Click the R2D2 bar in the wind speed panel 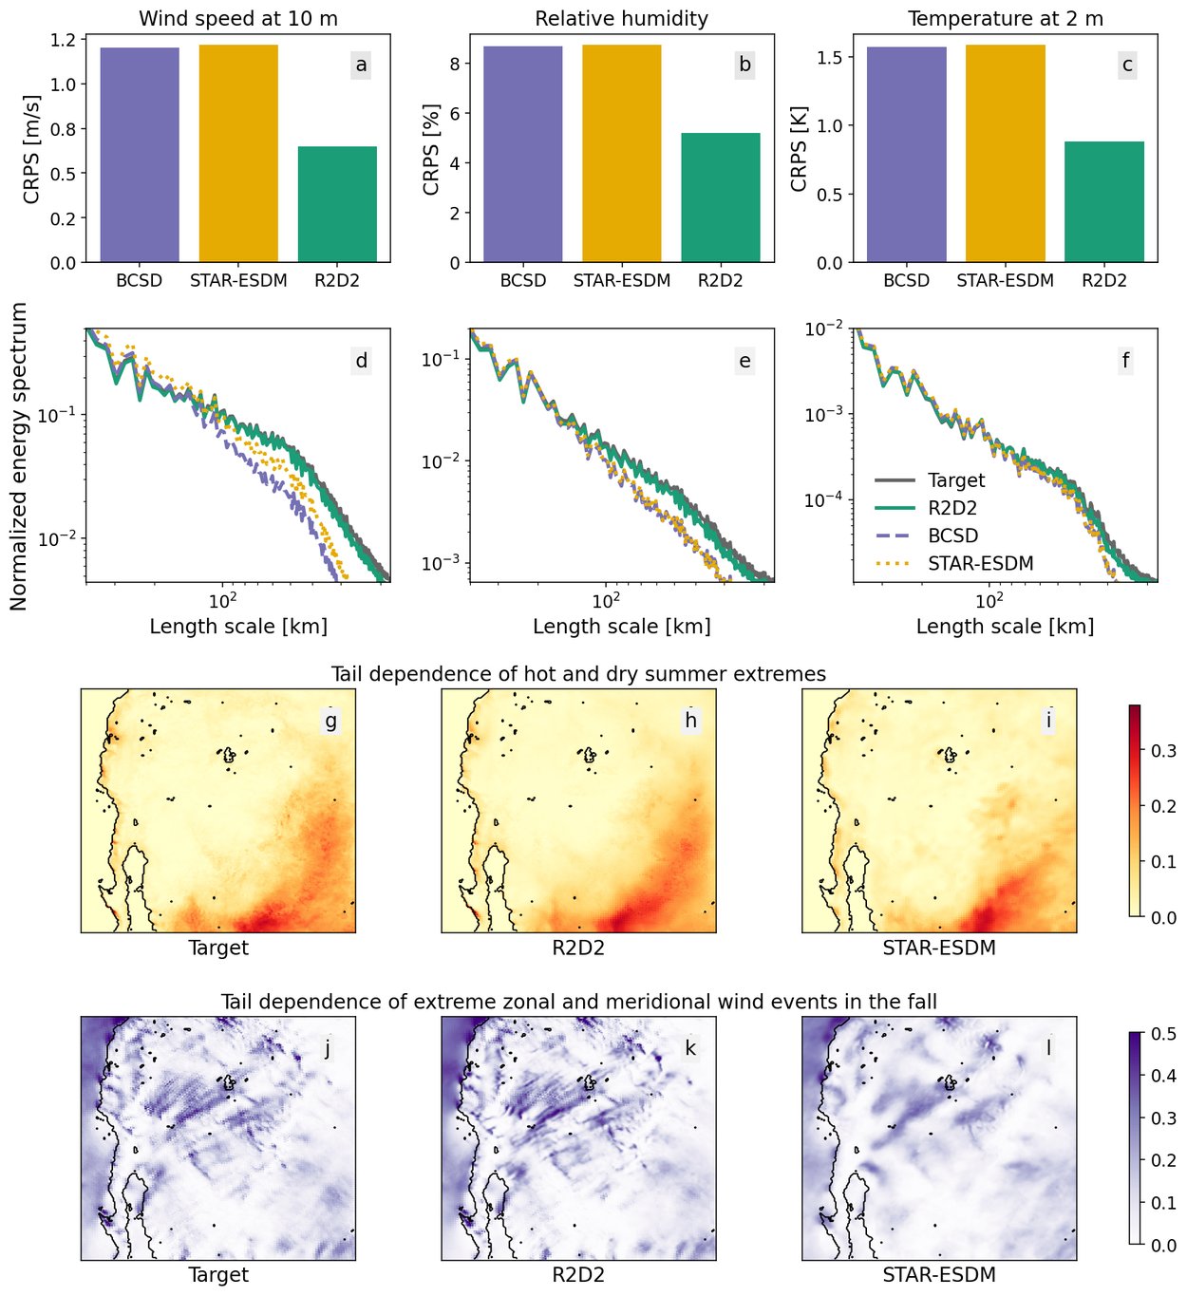pyautogui.click(x=337, y=204)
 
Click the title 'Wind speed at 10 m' pyautogui.click(x=238, y=19)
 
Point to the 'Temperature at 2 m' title pyautogui.click(x=1006, y=19)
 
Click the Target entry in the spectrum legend pyautogui.click(x=956, y=480)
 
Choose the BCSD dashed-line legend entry pyautogui.click(x=952, y=535)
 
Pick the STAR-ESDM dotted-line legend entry pyautogui.click(x=980, y=563)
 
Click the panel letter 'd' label pyautogui.click(x=362, y=361)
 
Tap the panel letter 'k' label pyautogui.click(x=690, y=1048)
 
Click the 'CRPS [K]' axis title pyautogui.click(x=799, y=149)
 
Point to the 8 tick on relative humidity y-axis pyautogui.click(x=455, y=64)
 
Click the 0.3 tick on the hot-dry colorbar pyautogui.click(x=1163, y=751)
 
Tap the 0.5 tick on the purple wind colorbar pyautogui.click(x=1163, y=1034)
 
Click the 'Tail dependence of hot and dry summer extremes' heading pyautogui.click(x=578, y=674)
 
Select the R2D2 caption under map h pyautogui.click(x=578, y=948)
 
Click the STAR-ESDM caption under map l pyautogui.click(x=939, y=1275)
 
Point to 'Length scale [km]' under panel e pyautogui.click(x=622, y=627)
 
